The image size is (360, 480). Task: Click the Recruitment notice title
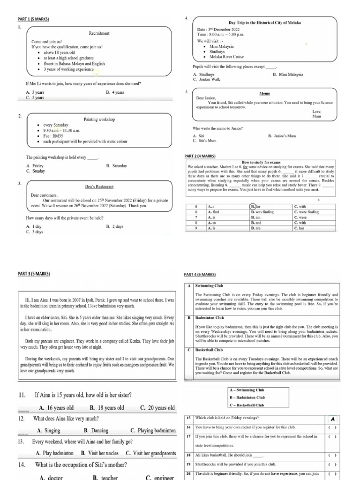99,33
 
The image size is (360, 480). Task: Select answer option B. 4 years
115,93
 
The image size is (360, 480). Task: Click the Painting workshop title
99,120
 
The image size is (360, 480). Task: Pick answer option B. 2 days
115,226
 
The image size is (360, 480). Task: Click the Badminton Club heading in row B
209,317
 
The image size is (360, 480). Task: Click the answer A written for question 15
332,418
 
